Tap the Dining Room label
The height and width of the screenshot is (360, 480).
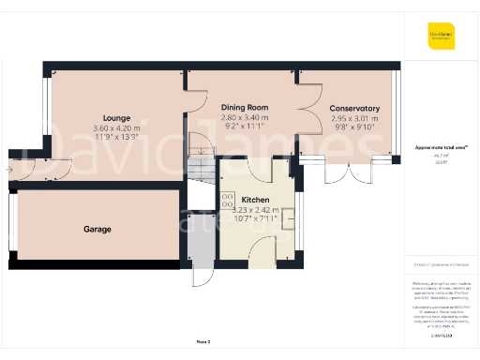click(245, 108)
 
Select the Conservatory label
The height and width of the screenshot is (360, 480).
click(354, 108)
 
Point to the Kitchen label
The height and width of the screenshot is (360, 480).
click(256, 201)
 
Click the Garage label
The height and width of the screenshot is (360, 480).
click(97, 229)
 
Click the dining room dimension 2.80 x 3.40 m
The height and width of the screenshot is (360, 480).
click(245, 118)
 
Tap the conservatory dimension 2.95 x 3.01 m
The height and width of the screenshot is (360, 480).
click(354, 118)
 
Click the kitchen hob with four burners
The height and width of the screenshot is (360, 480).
click(228, 199)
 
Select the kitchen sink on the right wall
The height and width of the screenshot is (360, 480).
click(288, 217)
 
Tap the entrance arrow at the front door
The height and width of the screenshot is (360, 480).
click(8, 171)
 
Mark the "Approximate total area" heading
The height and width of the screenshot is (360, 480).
click(434, 148)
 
